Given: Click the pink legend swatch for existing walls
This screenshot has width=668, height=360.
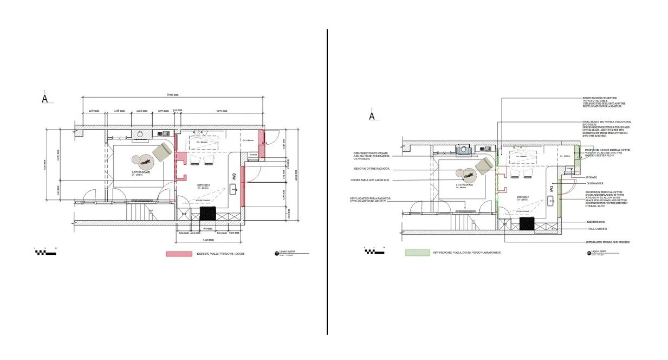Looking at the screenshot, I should click(179, 254).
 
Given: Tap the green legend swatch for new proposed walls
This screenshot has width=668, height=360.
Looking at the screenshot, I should click(417, 253).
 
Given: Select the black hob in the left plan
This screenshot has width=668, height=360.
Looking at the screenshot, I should click(207, 213).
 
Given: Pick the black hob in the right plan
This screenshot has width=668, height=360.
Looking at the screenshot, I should click(527, 223).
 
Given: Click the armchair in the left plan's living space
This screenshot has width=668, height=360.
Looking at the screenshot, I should click(161, 152).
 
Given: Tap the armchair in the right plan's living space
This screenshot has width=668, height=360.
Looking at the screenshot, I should click(483, 166).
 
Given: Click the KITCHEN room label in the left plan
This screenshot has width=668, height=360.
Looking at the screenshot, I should click(204, 185).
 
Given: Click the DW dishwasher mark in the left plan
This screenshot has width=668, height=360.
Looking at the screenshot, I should click(234, 177).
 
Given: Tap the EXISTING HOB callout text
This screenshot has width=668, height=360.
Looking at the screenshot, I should click(596, 222).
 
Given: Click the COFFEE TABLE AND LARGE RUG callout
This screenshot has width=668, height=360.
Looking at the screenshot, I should click(371, 179).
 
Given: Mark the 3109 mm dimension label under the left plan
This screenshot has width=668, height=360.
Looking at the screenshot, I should click(208, 239).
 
